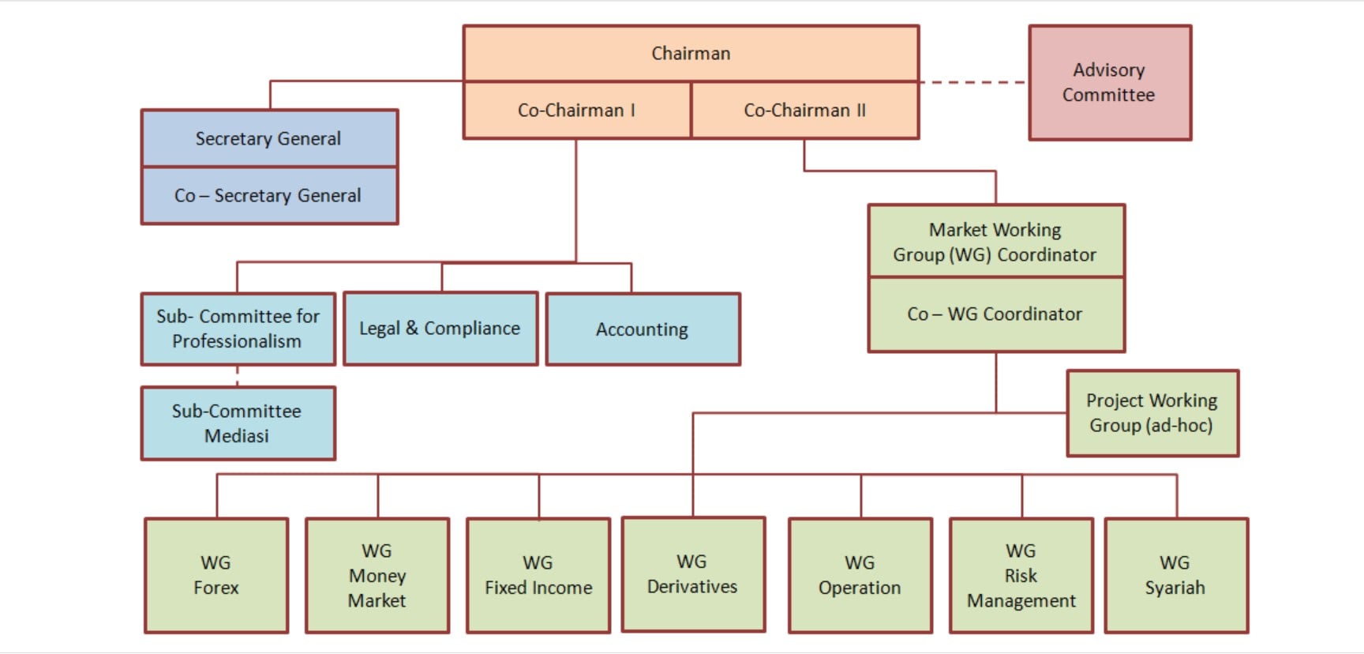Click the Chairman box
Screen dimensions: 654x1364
point(691,53)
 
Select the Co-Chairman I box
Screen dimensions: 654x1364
point(577,111)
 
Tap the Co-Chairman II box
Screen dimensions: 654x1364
point(804,111)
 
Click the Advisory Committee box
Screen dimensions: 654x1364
point(1109,82)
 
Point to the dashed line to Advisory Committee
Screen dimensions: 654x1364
point(973,82)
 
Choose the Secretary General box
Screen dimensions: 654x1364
point(268,138)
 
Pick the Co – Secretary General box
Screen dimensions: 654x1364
point(268,195)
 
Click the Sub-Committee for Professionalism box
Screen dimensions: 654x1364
point(238,329)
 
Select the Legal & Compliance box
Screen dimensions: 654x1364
point(440,329)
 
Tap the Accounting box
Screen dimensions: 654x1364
point(643,329)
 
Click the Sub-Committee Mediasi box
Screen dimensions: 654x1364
point(238,423)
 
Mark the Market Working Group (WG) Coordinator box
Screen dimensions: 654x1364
point(995,242)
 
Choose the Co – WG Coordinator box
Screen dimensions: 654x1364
point(995,314)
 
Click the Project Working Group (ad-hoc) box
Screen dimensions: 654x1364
point(1152,413)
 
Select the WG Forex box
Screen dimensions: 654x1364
point(215,575)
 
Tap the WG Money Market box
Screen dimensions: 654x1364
point(377,575)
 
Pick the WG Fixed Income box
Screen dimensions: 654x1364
point(538,575)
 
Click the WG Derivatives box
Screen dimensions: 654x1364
point(692,574)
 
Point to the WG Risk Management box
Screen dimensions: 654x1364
point(1021,575)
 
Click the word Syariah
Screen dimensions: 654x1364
point(1175,588)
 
